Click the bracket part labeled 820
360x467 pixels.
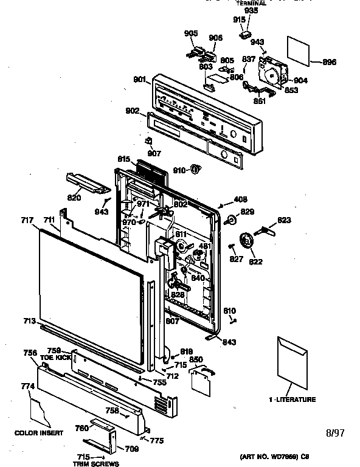83,181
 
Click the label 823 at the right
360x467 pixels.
285,220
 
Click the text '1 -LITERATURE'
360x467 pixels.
292,400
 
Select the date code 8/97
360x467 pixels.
336,433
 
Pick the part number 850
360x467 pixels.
196,360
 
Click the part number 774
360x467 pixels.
27,386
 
